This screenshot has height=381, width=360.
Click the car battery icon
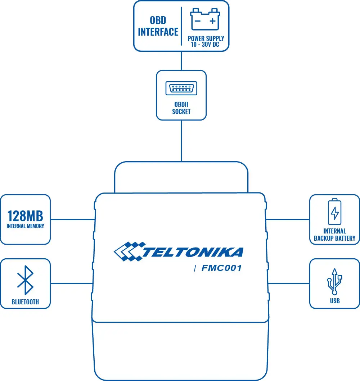(x=205, y=20)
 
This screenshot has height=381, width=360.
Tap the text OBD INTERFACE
(x=158, y=26)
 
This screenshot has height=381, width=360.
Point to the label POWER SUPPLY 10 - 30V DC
(x=206, y=41)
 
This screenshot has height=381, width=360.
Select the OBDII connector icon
(x=181, y=89)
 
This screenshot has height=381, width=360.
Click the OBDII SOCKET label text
(x=181, y=108)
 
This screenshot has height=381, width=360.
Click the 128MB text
(x=25, y=216)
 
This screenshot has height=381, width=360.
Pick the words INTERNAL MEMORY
(x=25, y=226)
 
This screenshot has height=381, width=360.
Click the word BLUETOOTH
(x=25, y=302)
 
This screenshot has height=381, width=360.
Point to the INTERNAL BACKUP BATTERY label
(x=334, y=235)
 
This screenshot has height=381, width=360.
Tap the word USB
(x=335, y=301)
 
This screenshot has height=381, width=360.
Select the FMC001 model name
(x=221, y=268)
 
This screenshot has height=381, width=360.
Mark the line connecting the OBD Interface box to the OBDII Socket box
(x=181, y=60)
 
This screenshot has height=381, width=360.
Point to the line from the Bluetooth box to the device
(x=72, y=283)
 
